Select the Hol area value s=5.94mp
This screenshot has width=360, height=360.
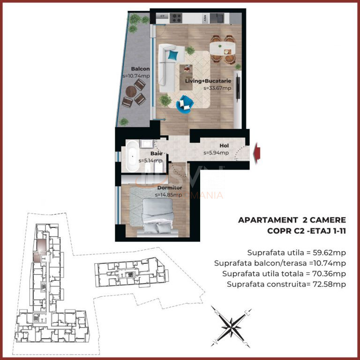pyautogui.click(x=216, y=152)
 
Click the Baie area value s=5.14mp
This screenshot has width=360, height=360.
pyautogui.click(x=150, y=160)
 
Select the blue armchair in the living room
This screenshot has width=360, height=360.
pyautogui.click(x=184, y=103)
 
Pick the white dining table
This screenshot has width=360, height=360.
pyautogui.click(x=222, y=48)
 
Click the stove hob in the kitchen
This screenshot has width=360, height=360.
pyautogui.click(x=177, y=18)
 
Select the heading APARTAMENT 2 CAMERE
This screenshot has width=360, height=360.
pyautogui.click(x=292, y=220)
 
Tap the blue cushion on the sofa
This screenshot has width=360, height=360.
pyautogui.click(x=173, y=56)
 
